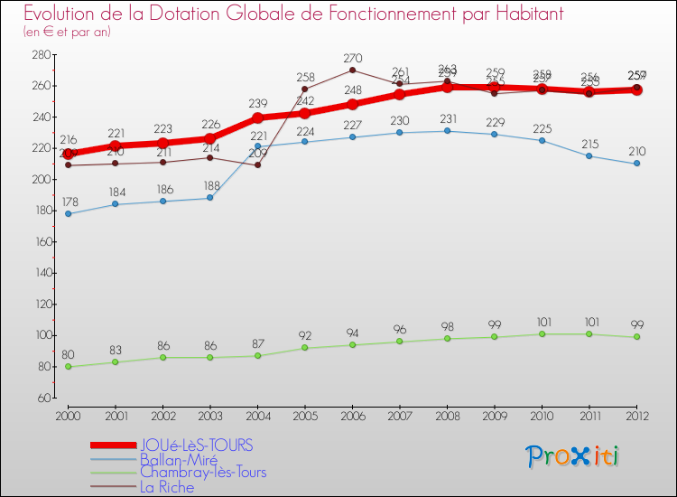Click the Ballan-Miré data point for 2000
point(69,213)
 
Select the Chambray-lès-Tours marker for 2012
point(636,337)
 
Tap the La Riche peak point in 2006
point(352,70)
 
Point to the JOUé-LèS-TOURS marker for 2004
point(257,117)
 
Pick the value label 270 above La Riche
point(353,59)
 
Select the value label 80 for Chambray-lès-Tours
point(68,355)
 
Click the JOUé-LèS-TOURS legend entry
point(196,445)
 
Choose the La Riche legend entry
point(166,487)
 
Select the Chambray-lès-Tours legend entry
point(202,473)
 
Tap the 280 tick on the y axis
point(41,54)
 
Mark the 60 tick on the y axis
point(43,398)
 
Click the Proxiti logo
point(573,456)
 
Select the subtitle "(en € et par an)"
point(67,33)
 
